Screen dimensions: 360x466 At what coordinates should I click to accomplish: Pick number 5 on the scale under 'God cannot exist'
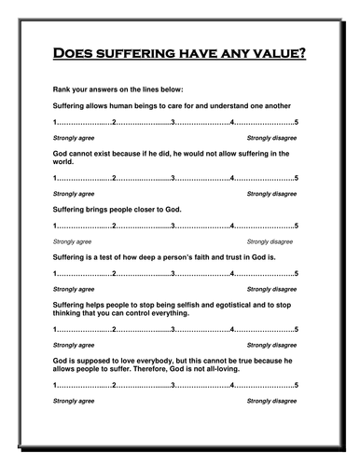click(x=296, y=178)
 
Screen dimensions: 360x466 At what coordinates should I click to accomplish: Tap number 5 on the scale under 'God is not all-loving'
click(x=296, y=385)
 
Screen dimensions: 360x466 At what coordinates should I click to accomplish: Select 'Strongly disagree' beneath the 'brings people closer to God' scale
click(x=271, y=241)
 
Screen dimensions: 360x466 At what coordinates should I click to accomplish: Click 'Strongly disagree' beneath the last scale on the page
click(x=271, y=400)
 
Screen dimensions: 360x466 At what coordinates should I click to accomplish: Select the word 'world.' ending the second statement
click(x=64, y=161)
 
